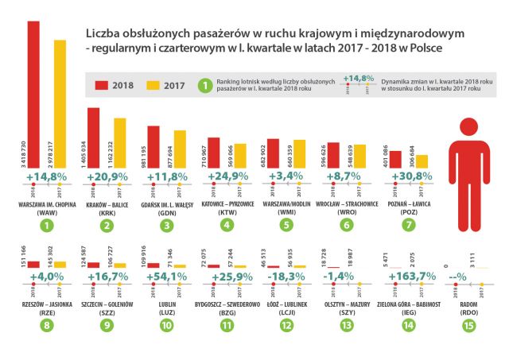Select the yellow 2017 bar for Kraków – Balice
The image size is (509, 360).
click(119, 141)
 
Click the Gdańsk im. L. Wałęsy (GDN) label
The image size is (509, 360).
click(166, 206)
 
